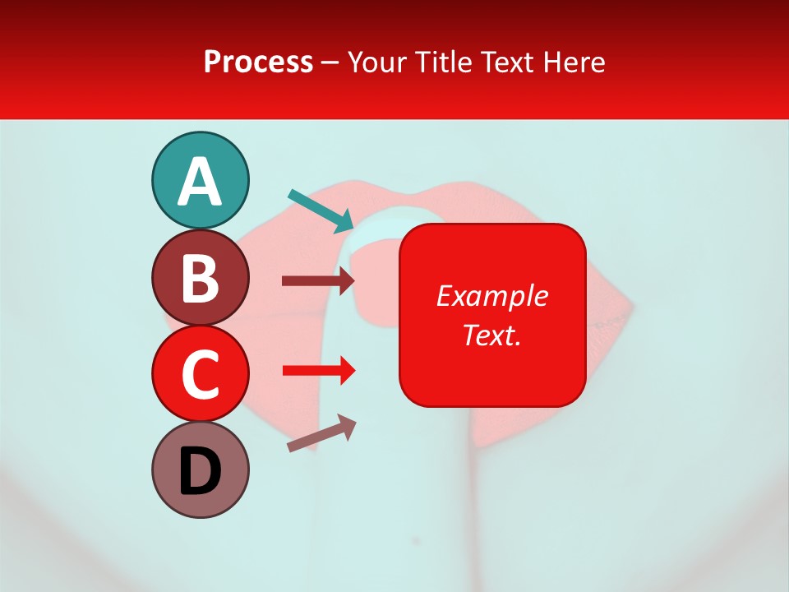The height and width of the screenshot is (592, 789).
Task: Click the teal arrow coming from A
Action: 321,210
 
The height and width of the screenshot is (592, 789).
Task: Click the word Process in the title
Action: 258,62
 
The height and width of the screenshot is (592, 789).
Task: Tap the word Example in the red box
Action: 491,296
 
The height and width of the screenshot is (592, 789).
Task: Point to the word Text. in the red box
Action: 491,335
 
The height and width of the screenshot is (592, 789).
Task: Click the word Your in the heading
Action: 377,62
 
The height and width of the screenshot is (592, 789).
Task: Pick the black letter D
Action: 200,473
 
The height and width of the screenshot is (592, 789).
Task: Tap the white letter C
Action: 200,375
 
